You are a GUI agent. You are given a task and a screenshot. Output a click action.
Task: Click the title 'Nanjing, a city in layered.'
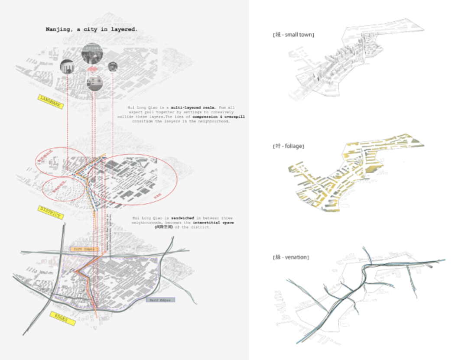pyautogui.click(x=91, y=29)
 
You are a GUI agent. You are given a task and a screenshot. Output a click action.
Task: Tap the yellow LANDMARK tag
pyautogui.click(x=51, y=101)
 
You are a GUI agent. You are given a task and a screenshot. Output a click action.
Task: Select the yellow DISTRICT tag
pyautogui.click(x=51, y=212)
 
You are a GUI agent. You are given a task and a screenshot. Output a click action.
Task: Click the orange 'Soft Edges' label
pyautogui.click(x=84, y=250)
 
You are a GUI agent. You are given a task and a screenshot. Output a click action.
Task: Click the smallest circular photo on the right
pyautogui.click(x=113, y=66)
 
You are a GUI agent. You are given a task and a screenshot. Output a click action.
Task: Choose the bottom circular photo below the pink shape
pyautogui.click(x=94, y=83)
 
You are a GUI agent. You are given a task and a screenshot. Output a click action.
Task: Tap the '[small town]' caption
pyautogui.click(x=293, y=34)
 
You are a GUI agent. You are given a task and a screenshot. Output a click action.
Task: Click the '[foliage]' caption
pyautogui.click(x=288, y=146)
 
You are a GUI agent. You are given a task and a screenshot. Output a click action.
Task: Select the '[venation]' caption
pyautogui.click(x=290, y=257)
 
